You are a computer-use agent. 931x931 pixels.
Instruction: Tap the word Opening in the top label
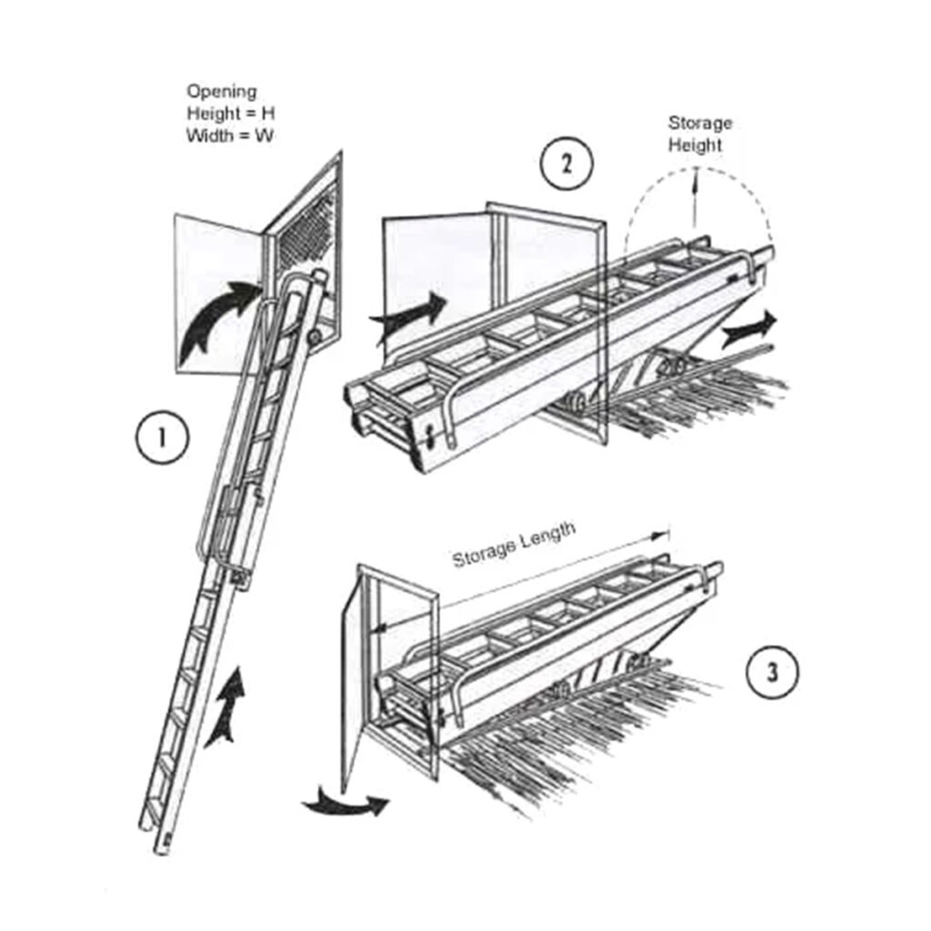222,92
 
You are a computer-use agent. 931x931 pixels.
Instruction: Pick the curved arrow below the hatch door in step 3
345,803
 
